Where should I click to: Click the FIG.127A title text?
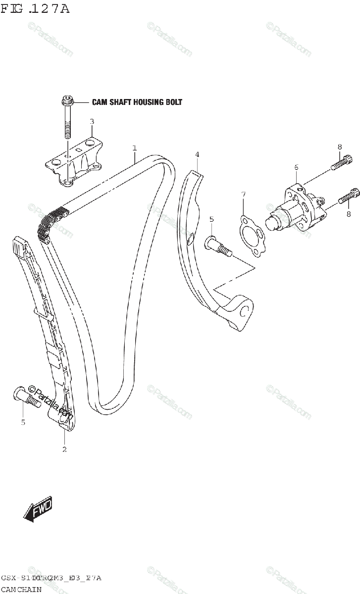[x=35, y=8]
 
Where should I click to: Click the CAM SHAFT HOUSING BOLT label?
[x=137, y=102]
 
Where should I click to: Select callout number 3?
[x=92, y=121]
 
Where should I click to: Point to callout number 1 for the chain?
[x=134, y=148]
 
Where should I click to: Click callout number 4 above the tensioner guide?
[x=197, y=155]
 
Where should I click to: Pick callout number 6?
[x=296, y=168]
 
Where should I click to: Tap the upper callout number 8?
[x=340, y=147]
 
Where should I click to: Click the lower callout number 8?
[x=349, y=214]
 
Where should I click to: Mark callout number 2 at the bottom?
[x=64, y=449]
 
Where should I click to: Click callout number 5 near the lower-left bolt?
[x=23, y=422]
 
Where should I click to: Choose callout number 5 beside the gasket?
[x=211, y=219]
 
